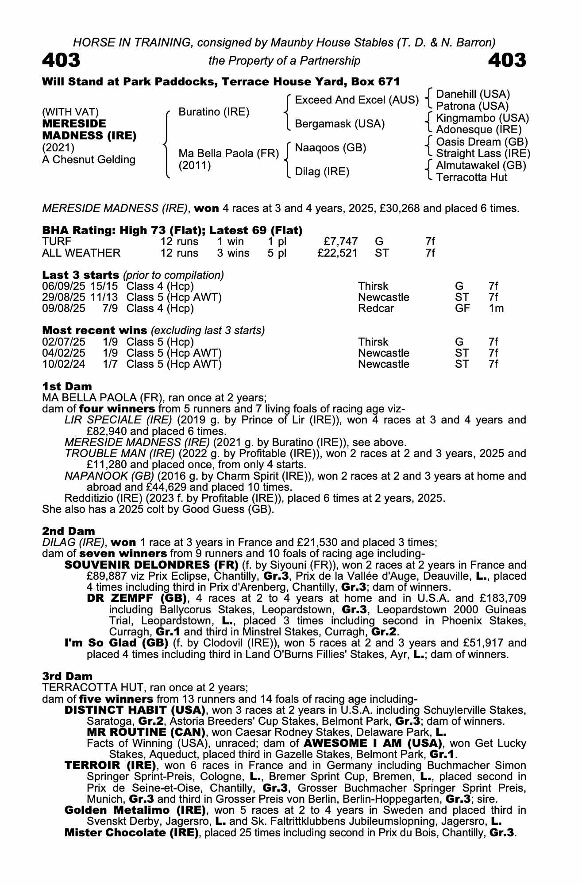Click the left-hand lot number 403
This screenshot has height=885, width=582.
click(61, 60)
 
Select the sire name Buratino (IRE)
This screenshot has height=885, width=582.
click(214, 112)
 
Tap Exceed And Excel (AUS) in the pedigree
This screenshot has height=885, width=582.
click(356, 100)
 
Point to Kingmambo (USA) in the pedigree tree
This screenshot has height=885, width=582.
click(482, 118)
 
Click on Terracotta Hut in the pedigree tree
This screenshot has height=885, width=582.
click(472, 177)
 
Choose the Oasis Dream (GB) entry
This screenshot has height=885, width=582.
click(482, 142)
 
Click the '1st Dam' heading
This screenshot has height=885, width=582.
click(67, 386)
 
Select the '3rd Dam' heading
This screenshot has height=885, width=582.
click(67, 676)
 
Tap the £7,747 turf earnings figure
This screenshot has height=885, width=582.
click(340, 242)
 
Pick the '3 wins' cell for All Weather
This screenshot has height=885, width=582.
click(233, 253)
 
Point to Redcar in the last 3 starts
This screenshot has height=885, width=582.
click(376, 308)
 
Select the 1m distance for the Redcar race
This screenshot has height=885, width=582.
click(496, 308)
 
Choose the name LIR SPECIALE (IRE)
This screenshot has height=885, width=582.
click(118, 420)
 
